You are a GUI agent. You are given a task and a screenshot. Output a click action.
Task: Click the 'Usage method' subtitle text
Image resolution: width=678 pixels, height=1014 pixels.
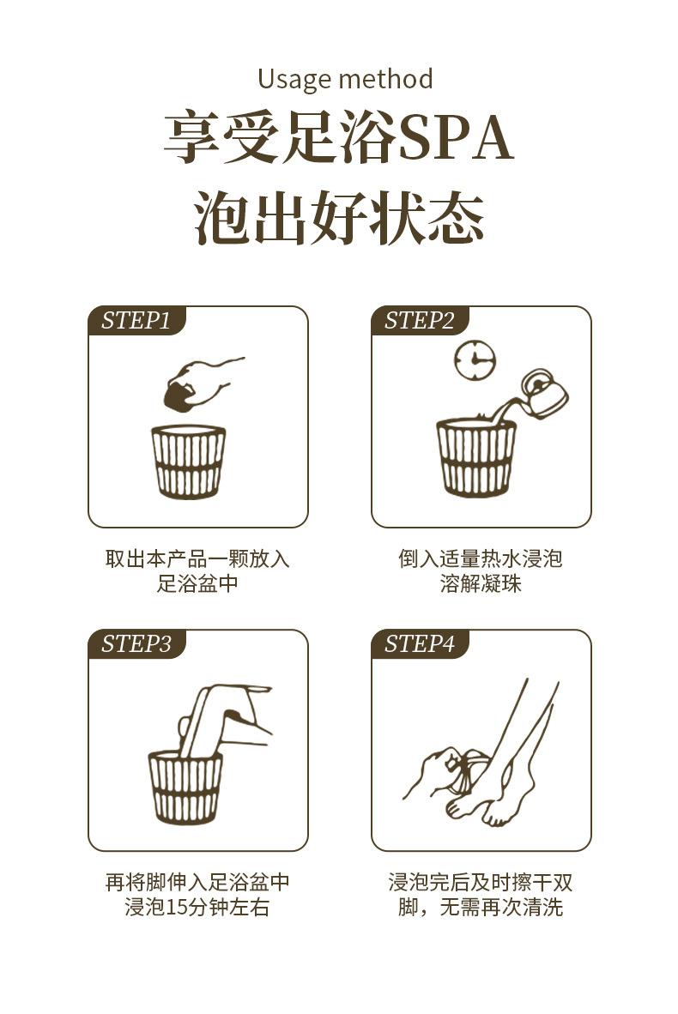(345, 79)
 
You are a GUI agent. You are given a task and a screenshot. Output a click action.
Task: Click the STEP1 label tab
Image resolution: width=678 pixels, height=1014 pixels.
(136, 321)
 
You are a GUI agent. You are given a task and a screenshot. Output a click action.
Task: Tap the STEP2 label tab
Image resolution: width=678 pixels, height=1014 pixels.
(419, 321)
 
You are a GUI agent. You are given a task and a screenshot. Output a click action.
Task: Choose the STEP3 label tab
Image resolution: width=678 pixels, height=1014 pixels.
(136, 644)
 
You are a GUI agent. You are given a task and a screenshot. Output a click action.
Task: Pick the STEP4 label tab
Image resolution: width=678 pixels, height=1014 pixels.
(419, 644)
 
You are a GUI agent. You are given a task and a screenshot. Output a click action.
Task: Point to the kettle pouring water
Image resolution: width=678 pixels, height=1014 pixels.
(544, 394)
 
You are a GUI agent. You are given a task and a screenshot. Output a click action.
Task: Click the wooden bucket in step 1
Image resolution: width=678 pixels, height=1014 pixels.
(189, 462)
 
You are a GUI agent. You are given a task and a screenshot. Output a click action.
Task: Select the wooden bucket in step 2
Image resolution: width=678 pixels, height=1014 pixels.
(476, 457)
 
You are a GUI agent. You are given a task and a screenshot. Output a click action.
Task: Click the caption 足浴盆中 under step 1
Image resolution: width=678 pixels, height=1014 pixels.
(197, 584)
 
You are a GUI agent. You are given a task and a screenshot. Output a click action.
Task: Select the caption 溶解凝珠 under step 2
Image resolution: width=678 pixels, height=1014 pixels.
(481, 584)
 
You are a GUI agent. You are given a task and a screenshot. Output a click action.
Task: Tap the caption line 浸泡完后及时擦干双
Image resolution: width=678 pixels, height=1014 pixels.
(481, 882)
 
